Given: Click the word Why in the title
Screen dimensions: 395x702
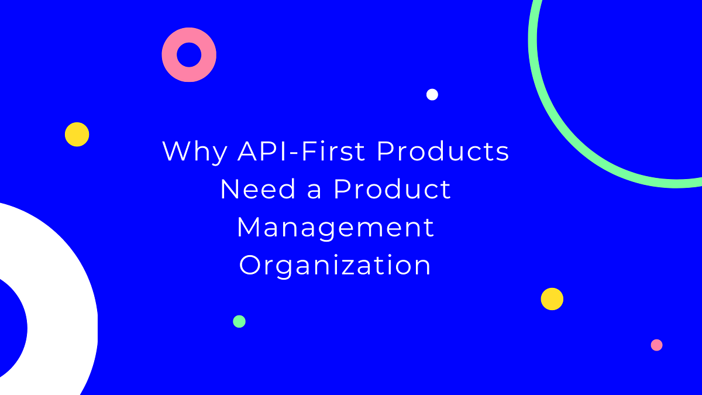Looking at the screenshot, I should coord(194,152).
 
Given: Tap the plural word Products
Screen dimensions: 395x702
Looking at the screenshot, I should coord(443,152).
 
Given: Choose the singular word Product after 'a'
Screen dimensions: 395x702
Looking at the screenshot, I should coord(393,190).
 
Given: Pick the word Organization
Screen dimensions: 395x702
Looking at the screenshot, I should coord(336,266).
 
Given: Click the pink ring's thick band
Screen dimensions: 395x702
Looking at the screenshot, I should coord(170,55).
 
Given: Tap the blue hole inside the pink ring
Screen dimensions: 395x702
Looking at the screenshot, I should coord(189,55).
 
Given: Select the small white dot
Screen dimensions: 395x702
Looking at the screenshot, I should coord(432,94).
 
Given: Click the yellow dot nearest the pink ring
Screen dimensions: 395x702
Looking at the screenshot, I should coord(77,134).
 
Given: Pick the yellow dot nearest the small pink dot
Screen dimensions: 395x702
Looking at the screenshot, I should coord(552,298).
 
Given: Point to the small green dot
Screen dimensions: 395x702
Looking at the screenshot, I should coord(239,321).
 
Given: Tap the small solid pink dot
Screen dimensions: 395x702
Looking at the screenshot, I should coord(656,345).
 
